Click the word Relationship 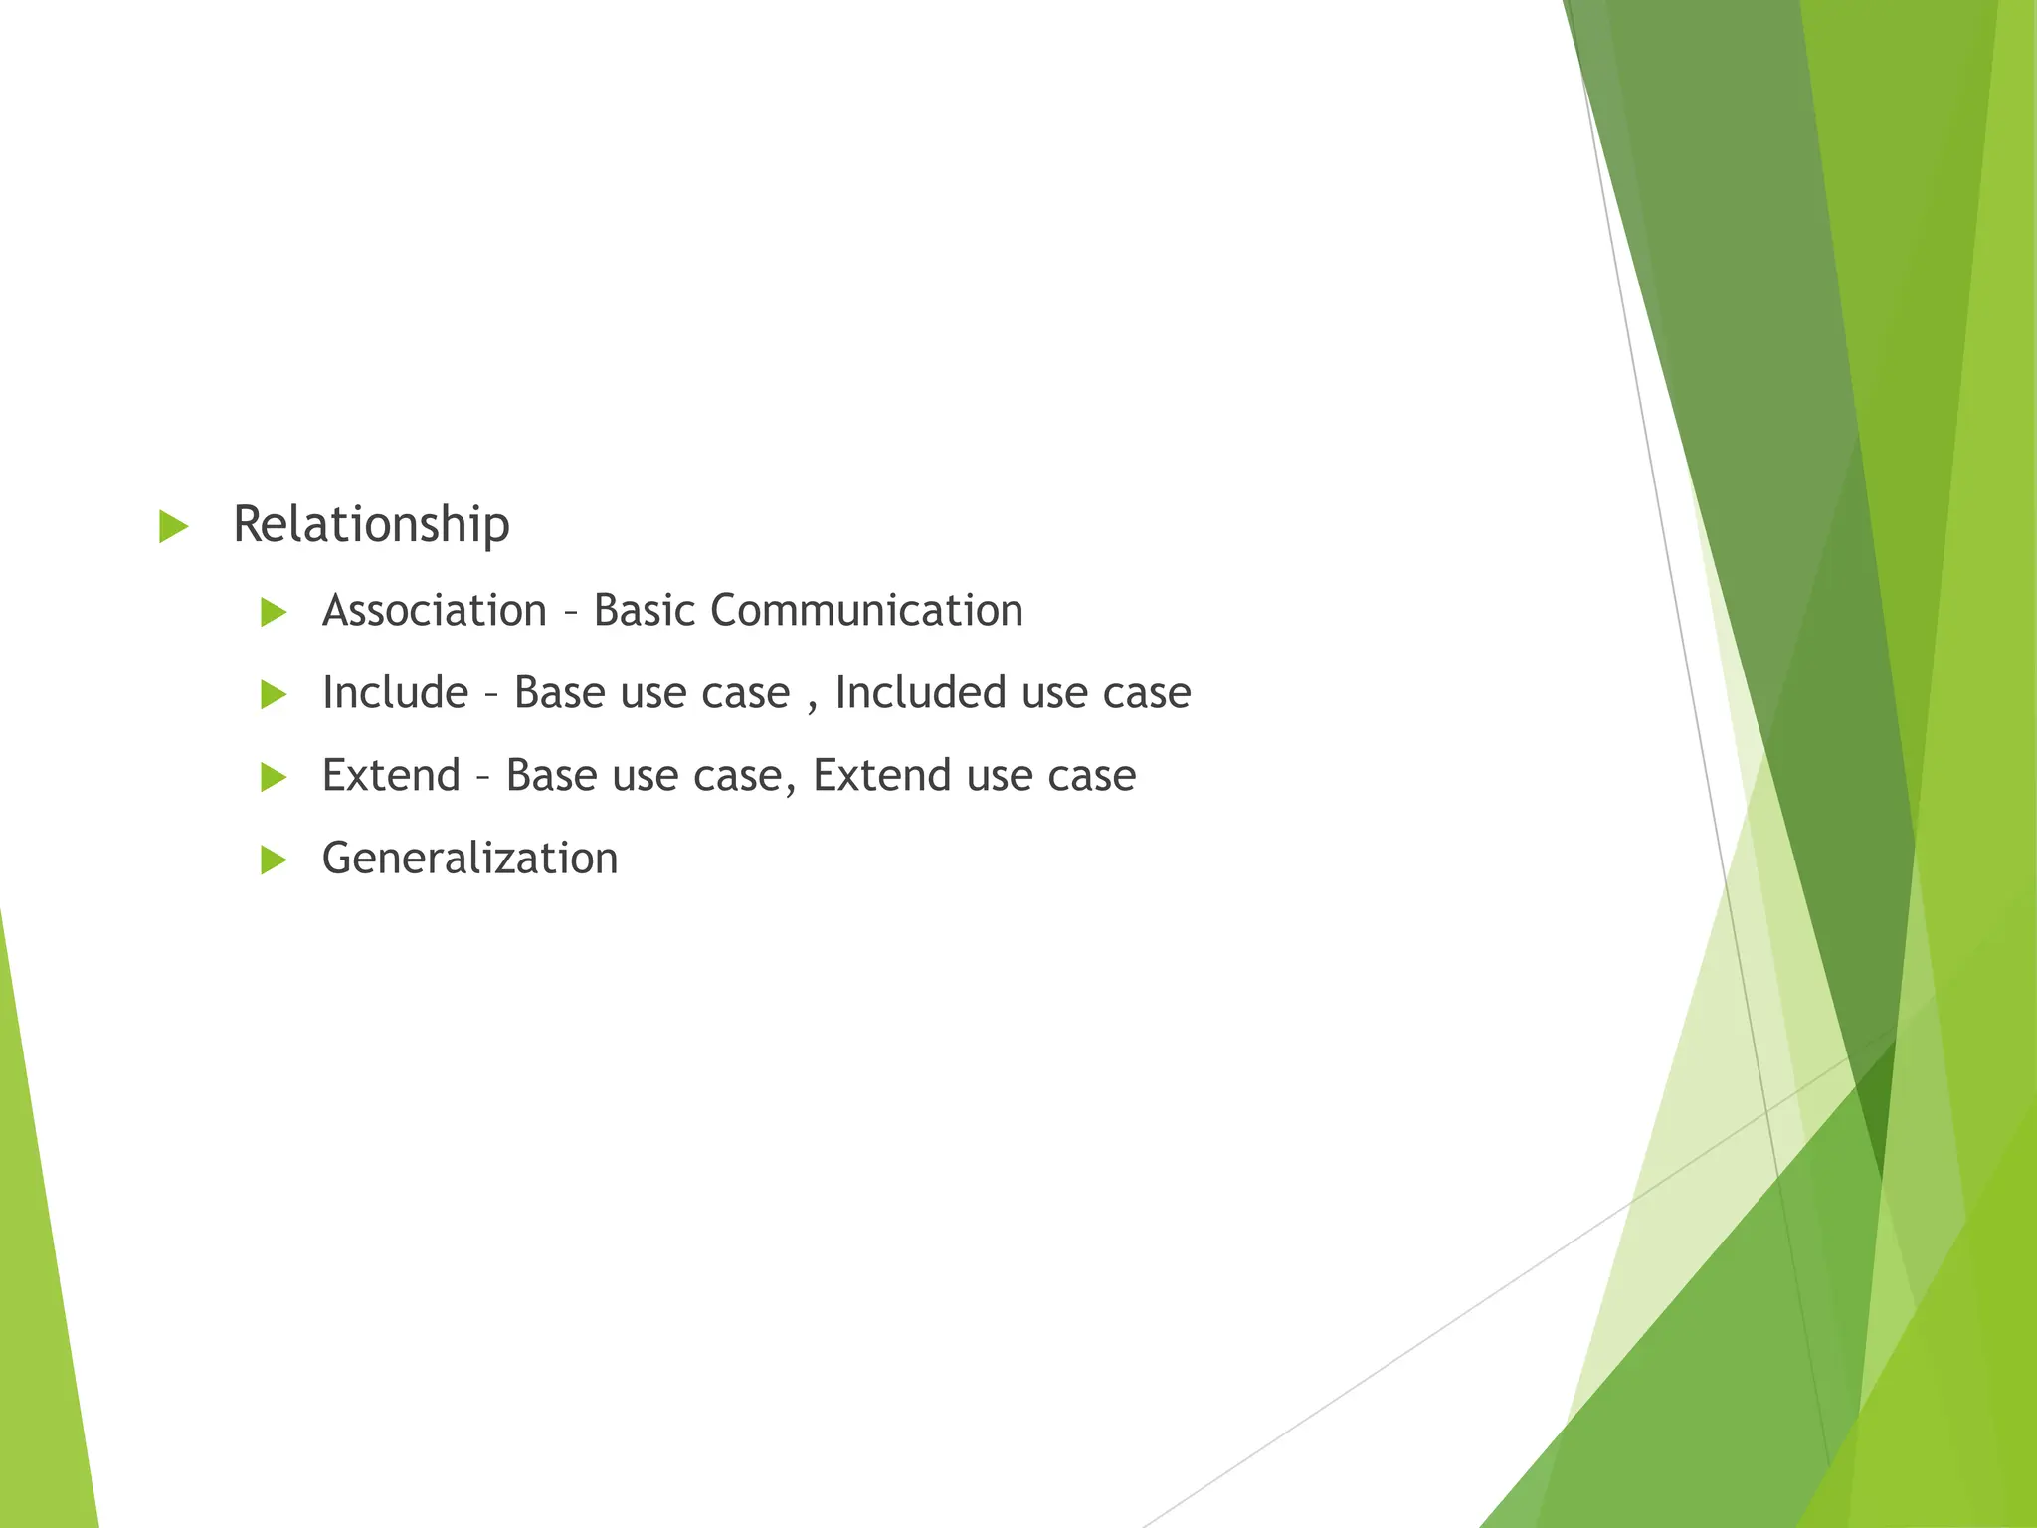371,524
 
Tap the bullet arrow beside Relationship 173,526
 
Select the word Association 435,610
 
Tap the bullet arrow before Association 274,612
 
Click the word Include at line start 395,692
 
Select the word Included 920,692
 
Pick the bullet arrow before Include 274,694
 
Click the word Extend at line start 391,775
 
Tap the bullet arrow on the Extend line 274,777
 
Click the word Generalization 469,858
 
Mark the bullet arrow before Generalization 274,859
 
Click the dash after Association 570,613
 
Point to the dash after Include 491,695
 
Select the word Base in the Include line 559,692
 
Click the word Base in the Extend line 551,775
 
